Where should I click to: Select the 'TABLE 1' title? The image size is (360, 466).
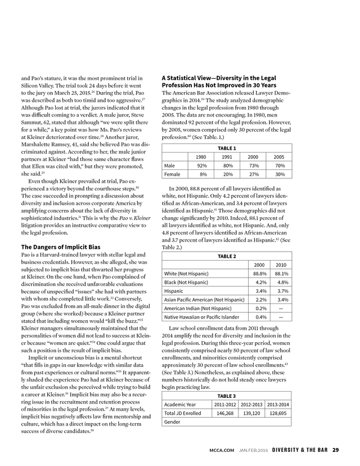point(226,148)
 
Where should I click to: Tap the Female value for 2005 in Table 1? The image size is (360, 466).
point(279,175)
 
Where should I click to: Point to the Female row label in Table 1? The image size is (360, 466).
point(172,175)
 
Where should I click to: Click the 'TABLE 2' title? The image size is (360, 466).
point(226,255)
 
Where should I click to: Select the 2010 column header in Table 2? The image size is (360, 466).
point(282,265)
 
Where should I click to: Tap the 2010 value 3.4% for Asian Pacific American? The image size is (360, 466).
point(282,301)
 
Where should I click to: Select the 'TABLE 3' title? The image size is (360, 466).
point(226,396)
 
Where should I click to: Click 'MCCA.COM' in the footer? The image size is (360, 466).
point(219,450)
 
